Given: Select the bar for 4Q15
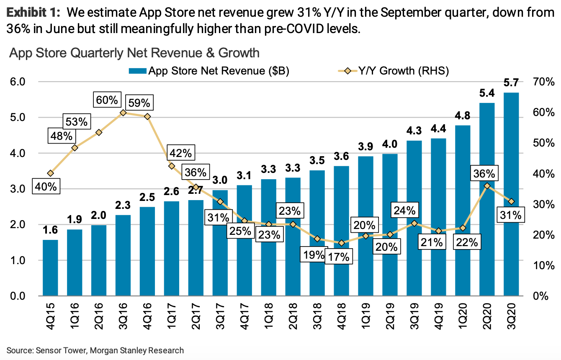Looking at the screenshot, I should coord(51,268).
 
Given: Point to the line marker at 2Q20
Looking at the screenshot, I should coord(487,186).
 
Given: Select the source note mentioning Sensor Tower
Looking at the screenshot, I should coord(95,350).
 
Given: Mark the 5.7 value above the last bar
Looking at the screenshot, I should coord(511,83).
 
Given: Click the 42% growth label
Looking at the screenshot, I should coord(181,153).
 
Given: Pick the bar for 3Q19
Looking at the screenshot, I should coord(414,218).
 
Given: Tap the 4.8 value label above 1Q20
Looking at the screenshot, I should coord(463,115).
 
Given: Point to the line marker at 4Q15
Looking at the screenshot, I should coord(51,173).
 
